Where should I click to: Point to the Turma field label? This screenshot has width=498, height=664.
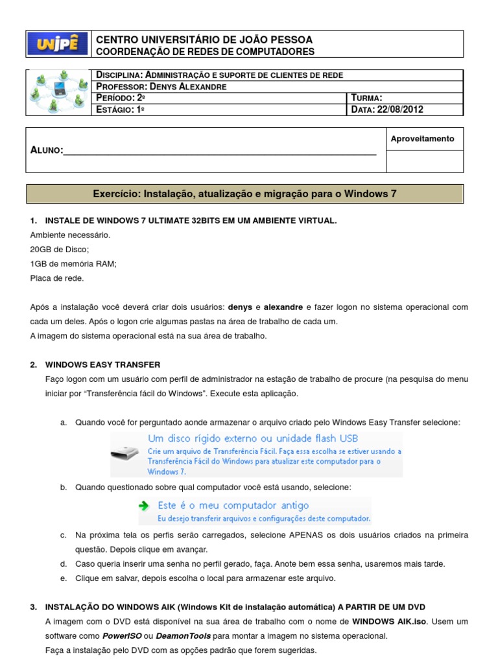(x=371, y=98)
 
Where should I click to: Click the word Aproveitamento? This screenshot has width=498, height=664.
(x=423, y=139)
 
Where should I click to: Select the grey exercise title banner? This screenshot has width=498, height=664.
(x=244, y=194)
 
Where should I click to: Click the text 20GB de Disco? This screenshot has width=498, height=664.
(x=60, y=249)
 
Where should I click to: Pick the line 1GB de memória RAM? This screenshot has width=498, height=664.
(x=73, y=263)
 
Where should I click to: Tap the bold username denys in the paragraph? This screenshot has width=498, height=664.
(x=240, y=307)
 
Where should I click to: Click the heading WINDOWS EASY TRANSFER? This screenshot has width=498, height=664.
(x=102, y=365)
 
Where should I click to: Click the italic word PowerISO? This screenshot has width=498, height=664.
(x=116, y=635)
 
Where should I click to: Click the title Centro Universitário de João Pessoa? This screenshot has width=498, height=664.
(x=204, y=40)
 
